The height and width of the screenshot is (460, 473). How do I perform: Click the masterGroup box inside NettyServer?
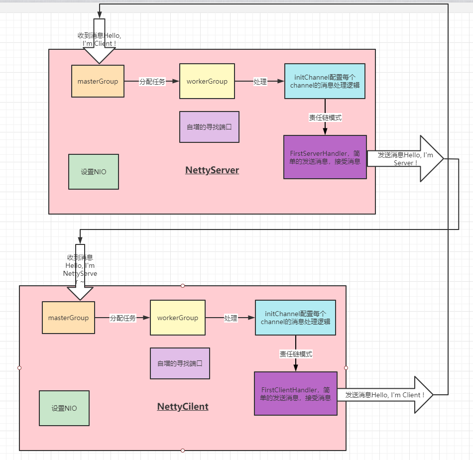click(x=98, y=81)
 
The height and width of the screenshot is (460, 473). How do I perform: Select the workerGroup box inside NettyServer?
click(x=207, y=81)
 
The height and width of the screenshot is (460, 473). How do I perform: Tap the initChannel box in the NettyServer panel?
click(x=325, y=81)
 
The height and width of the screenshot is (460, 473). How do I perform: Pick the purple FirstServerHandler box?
click(x=325, y=157)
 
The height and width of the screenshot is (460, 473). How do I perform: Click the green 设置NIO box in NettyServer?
click(x=94, y=172)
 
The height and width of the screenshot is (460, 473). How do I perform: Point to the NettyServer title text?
click(x=212, y=170)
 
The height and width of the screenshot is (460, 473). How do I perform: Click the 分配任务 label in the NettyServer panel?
click(x=152, y=82)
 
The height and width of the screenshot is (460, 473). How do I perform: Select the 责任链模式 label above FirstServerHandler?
click(x=325, y=118)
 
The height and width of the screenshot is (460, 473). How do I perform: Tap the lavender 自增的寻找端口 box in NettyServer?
click(x=209, y=126)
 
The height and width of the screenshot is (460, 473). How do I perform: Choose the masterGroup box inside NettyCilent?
click(x=68, y=318)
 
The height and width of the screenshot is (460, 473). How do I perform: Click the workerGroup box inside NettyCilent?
click(x=177, y=318)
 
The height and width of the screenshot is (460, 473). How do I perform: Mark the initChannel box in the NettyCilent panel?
click(x=295, y=318)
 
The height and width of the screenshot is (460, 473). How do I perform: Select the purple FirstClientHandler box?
click(x=295, y=393)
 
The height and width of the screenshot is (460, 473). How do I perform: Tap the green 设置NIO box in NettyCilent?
click(x=64, y=408)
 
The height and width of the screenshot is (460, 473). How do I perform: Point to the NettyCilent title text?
click(x=183, y=407)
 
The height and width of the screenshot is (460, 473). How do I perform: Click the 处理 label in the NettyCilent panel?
click(x=231, y=318)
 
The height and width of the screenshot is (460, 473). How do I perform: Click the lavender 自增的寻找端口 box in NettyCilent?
click(x=180, y=363)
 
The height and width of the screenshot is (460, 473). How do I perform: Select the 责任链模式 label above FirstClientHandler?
click(x=296, y=354)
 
